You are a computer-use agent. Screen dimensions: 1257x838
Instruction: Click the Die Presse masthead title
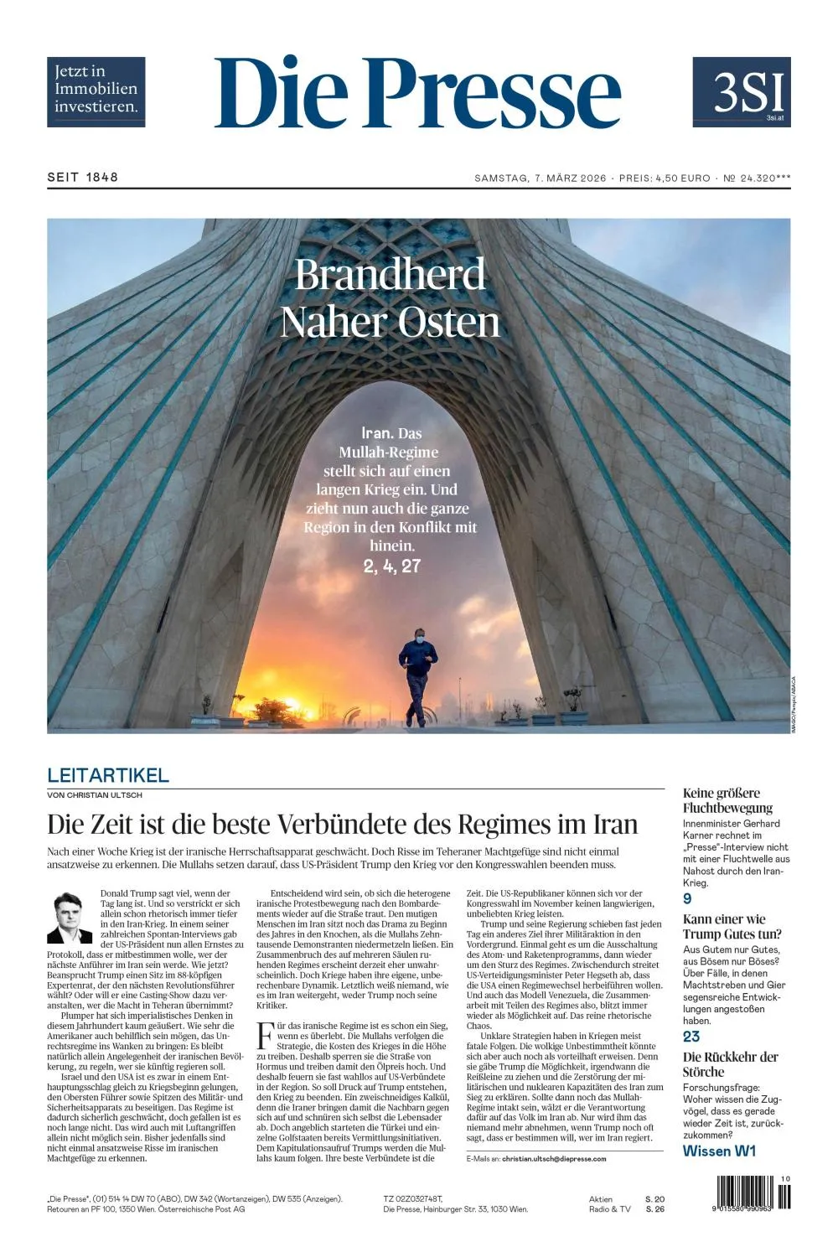pos(417,93)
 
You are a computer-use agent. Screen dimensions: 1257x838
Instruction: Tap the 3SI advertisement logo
pos(741,92)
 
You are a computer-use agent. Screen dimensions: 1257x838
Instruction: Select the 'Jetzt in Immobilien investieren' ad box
pos(96,91)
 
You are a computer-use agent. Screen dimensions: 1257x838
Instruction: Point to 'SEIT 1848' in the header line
pos(82,177)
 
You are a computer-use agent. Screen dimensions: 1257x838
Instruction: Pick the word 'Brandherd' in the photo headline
pos(390,275)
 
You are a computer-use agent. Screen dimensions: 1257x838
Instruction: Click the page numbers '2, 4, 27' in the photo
pos(391,566)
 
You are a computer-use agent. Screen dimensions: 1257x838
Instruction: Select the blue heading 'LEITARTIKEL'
pos(108,775)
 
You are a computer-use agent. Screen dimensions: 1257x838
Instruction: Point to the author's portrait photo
pos(70,918)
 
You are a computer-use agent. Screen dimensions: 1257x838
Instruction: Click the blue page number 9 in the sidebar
pos(687,899)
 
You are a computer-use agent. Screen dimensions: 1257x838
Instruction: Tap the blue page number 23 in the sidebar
pos(691,1037)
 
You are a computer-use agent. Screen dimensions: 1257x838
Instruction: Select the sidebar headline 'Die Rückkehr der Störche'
pos(730,1064)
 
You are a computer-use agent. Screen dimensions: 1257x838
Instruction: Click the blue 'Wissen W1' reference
pos(719,1151)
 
